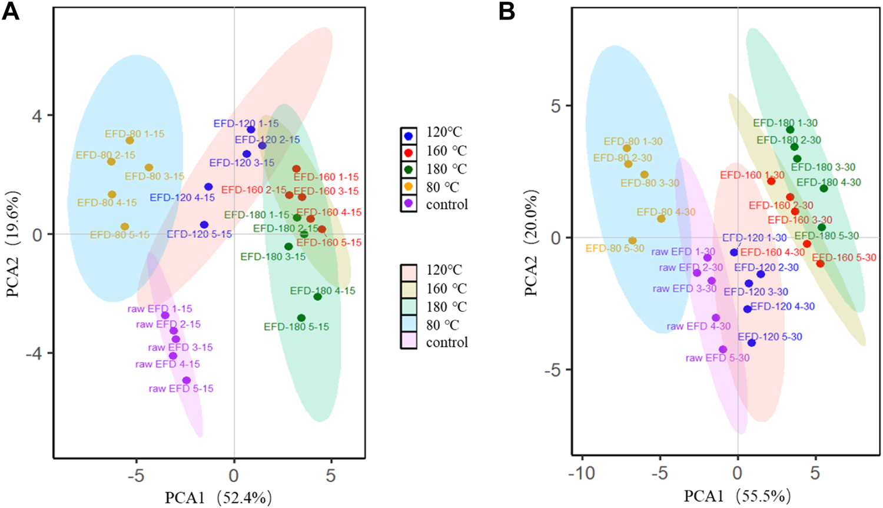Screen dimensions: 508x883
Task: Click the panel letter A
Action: click(11, 12)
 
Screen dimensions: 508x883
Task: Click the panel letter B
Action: click(507, 12)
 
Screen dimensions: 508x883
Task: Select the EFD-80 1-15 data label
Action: click(135, 134)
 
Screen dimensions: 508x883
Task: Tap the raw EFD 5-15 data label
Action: click(181, 389)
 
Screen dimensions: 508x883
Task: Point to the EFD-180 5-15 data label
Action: click(296, 327)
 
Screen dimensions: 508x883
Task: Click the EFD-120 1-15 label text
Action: click(246, 124)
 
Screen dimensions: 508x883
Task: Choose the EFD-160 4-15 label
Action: click(329, 213)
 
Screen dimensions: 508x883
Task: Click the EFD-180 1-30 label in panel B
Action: click(785, 123)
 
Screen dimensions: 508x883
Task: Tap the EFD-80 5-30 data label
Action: click(615, 248)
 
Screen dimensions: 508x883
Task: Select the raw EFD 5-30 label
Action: click(718, 358)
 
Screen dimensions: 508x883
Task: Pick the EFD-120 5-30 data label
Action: click(770, 337)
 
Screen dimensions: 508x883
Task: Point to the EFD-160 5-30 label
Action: click(844, 258)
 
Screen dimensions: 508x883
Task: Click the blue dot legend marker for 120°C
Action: click(409, 136)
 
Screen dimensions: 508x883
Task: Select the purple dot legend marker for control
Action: click(409, 204)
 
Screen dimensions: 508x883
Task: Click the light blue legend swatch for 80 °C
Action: click(409, 325)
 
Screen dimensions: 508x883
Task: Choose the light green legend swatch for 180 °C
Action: click(409, 307)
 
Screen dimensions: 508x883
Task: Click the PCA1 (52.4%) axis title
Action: click(218, 497)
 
